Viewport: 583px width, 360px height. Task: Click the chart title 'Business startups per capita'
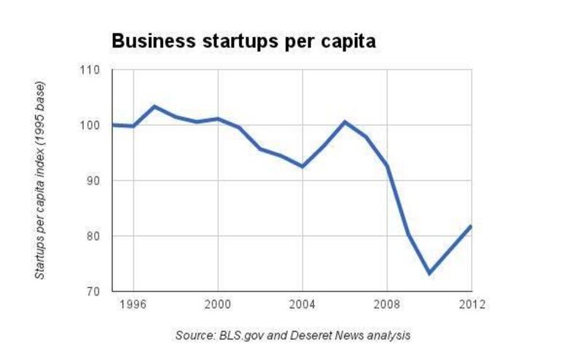click(243, 42)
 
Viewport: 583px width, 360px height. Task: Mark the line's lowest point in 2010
click(430, 273)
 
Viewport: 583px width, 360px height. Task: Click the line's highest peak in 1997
click(154, 106)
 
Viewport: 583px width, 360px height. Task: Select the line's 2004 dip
click(302, 167)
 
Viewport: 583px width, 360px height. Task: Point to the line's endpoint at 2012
click(472, 226)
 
